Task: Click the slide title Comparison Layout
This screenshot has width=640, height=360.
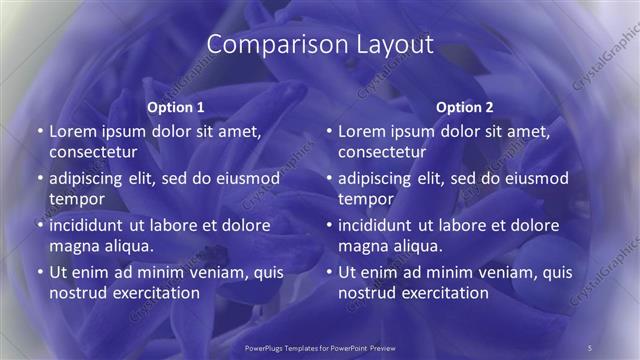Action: click(320, 45)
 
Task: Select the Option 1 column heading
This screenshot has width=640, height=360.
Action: click(176, 106)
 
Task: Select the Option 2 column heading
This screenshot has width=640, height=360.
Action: click(465, 106)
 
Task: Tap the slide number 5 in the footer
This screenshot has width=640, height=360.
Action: click(590, 347)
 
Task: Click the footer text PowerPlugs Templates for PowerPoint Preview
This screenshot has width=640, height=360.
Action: click(320, 347)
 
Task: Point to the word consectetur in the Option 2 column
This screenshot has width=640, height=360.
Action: click(382, 152)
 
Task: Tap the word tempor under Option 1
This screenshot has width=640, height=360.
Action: click(76, 199)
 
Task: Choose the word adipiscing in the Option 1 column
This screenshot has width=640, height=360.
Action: click(90, 178)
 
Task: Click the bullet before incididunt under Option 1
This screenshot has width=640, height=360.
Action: click(39, 225)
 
